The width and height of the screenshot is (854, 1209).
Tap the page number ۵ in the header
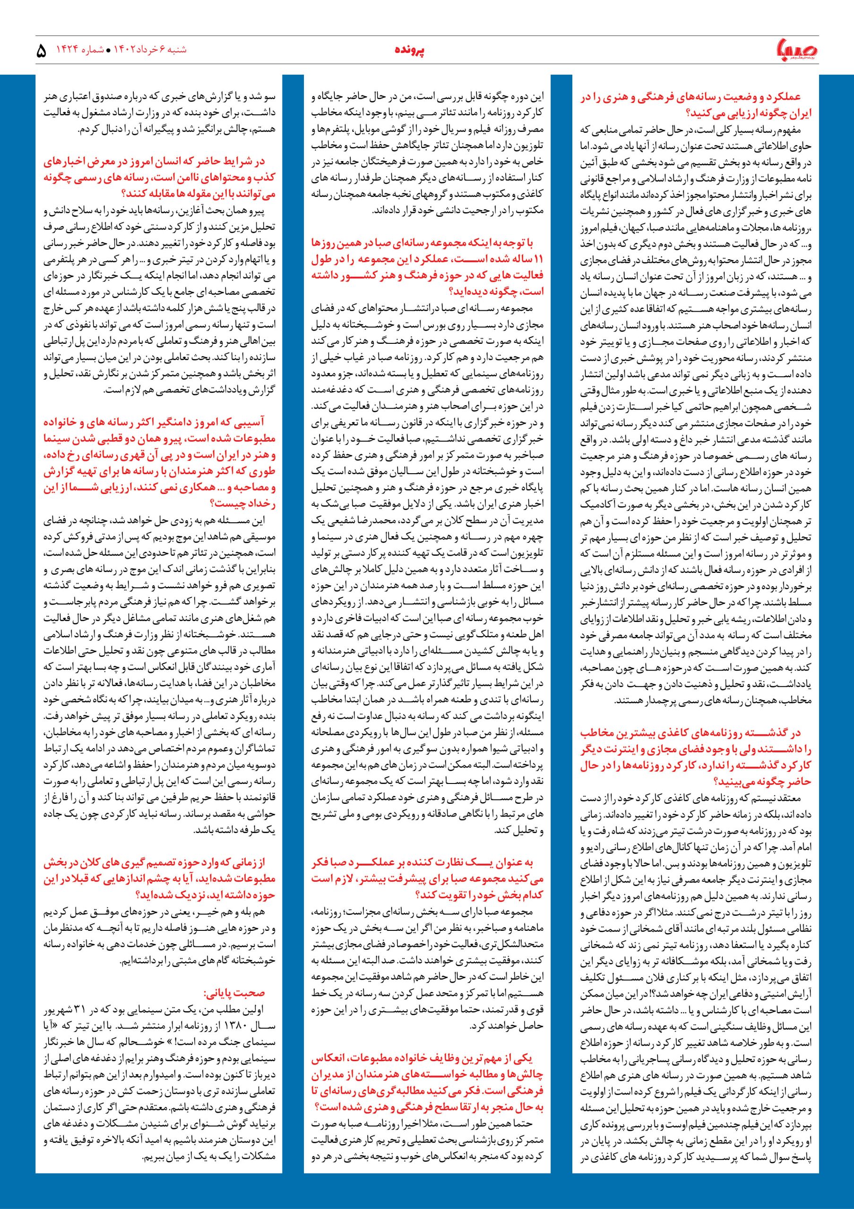(42, 51)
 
